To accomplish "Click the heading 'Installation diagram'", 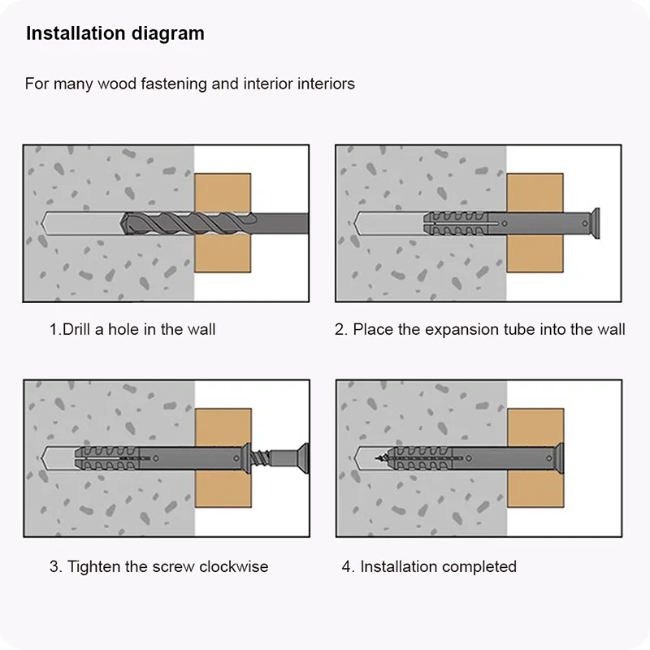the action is click(115, 34).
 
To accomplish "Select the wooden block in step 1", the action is click(223, 223).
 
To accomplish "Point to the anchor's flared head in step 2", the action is click(596, 223).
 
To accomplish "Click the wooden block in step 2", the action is click(535, 223).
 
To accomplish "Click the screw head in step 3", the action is click(304, 458).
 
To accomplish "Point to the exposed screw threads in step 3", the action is click(260, 458).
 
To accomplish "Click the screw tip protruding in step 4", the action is click(380, 458).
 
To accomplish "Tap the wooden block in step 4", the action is click(535, 458).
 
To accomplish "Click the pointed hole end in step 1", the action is click(42, 224).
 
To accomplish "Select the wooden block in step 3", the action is click(223, 458).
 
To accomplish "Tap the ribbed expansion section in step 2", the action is click(456, 223).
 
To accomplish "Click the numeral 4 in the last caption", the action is click(346, 566).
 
